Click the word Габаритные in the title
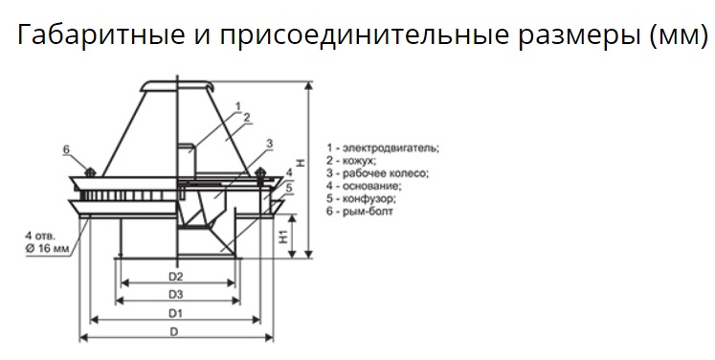pos(101,34)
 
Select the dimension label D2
pos(175,277)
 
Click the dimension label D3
pos(175,295)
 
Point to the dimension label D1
pos(175,313)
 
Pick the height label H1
pos(283,236)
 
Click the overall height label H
pos(301,163)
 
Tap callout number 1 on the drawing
pos(237,106)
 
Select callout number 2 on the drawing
pos(247,117)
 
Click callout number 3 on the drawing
pos(270,144)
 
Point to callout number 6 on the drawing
pos(66,149)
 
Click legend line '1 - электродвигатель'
pos(383,148)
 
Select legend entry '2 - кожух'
pos(351,161)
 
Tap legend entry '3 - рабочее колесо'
pos(377,174)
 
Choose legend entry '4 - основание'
pos(364,186)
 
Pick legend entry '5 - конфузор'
pos(361,199)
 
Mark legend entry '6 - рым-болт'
pos(359,212)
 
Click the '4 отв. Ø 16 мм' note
pos(48,242)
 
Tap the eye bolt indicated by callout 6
pos(90,172)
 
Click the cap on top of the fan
pos(176,86)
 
